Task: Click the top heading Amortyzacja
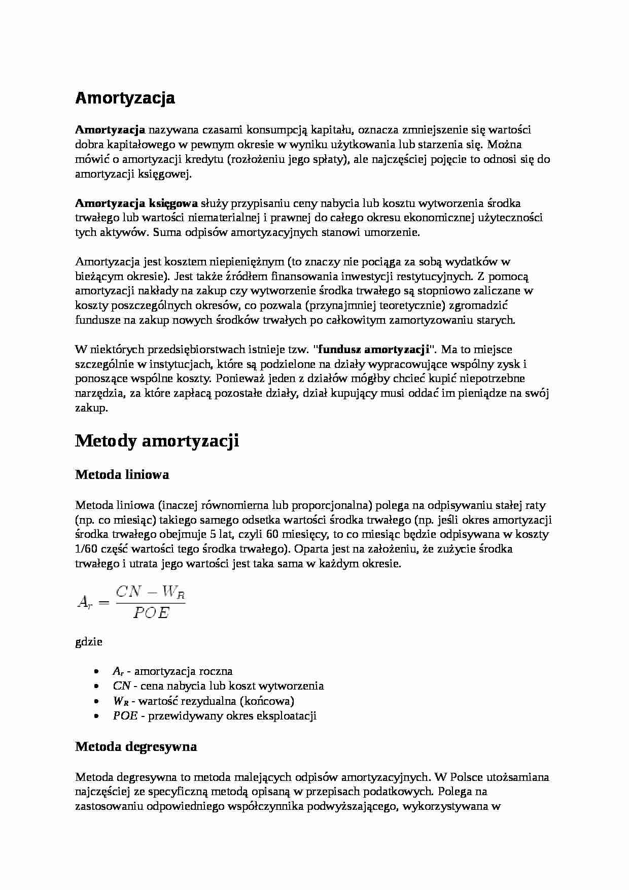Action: click(125, 98)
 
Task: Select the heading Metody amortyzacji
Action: click(157, 441)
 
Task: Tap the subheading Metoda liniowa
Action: click(122, 475)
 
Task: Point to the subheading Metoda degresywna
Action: click(136, 747)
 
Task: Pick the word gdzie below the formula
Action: click(89, 642)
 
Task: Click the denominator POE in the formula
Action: click(151, 613)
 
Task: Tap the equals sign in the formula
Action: click(103, 603)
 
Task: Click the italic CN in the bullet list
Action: click(122, 686)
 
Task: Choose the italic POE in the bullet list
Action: click(125, 716)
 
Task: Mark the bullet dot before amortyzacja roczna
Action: click(96, 671)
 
